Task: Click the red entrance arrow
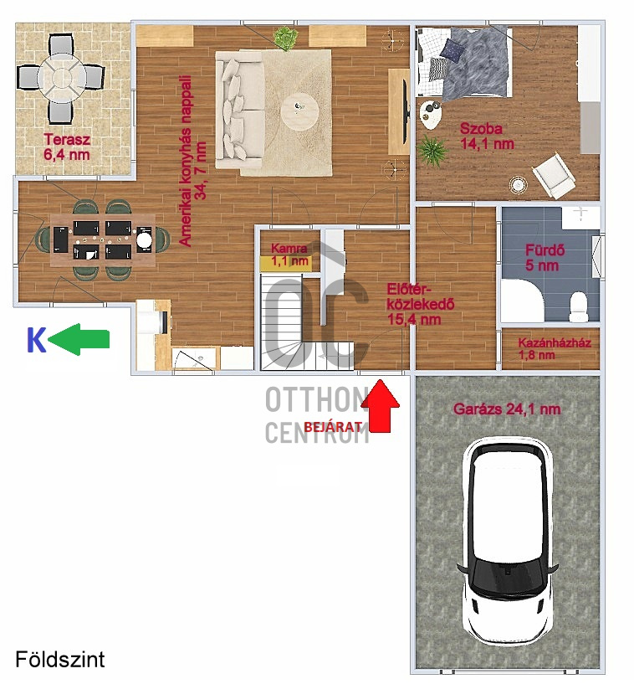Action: pyautogui.click(x=381, y=407)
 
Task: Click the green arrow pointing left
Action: pyautogui.click(x=79, y=338)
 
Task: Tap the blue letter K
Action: pyautogui.click(x=36, y=340)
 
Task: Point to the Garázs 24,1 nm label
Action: pyautogui.click(x=507, y=409)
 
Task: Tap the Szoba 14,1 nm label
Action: pyautogui.click(x=486, y=136)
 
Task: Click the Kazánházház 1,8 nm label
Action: pyautogui.click(x=554, y=348)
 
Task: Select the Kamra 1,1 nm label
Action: pyautogui.click(x=289, y=255)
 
